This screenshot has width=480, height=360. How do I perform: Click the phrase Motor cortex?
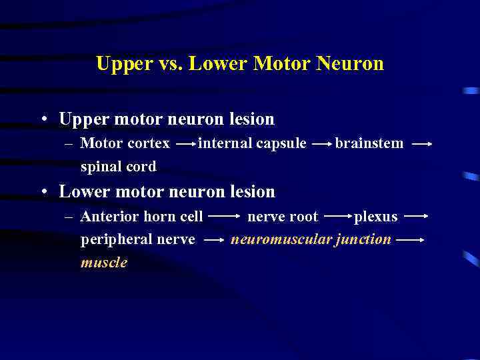[125, 143]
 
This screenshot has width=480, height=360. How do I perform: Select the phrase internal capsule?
[253, 143]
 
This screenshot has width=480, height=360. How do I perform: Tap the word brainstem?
[369, 143]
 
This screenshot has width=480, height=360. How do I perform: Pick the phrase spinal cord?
[118, 166]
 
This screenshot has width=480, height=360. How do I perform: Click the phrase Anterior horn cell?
[141, 217]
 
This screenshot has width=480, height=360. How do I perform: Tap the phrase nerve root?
[283, 217]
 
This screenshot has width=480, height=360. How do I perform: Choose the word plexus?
[375, 217]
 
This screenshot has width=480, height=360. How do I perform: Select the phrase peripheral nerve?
[137, 239]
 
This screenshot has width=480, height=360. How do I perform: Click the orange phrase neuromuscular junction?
[311, 239]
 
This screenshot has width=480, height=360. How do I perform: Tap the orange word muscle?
[103, 262]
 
